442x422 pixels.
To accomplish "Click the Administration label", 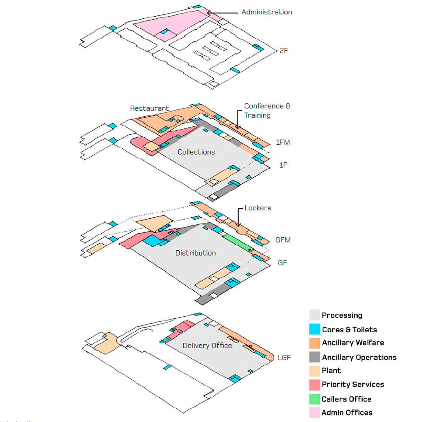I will point(267,12).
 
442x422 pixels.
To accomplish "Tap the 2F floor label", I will point(284,50).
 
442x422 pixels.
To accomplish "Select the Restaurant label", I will point(149,108).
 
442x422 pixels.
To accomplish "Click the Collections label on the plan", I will point(196,152).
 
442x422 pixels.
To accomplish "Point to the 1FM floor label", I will point(283,142).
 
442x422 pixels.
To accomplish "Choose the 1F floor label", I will point(283,165).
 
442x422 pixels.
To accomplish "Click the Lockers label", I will point(257,208).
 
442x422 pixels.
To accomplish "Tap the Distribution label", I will point(195,253).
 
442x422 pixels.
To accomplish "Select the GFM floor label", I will point(283,240).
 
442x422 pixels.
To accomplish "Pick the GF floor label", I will point(282,263).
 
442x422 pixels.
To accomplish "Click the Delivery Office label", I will point(207,346).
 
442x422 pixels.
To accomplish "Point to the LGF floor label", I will point(284,358).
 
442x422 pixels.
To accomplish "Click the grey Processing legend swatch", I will point(315,315).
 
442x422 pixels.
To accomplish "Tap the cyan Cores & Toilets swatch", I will point(315,329).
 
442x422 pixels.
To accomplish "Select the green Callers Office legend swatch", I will point(315,399).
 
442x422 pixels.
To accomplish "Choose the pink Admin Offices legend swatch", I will point(315,412).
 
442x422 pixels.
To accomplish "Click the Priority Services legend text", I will point(352,384).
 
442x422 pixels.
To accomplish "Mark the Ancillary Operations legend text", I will point(359,357).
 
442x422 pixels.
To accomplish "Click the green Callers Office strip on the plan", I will point(238,242).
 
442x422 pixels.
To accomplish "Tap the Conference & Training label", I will point(267,110).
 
